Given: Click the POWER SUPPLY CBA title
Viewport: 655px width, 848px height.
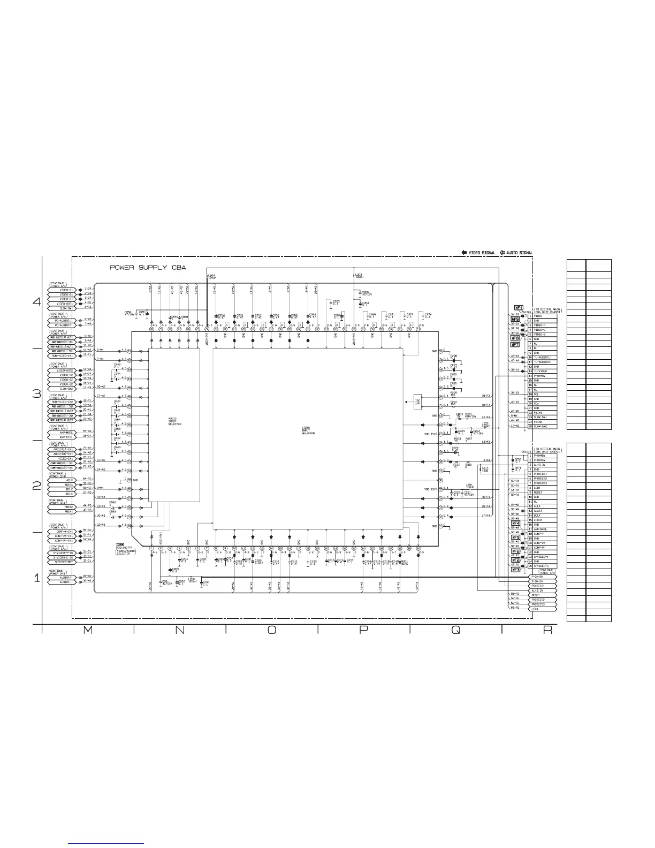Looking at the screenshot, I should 148,267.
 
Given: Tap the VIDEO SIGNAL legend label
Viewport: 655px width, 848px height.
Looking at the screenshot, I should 482,253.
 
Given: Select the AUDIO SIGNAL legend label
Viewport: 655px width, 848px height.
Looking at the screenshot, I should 519,253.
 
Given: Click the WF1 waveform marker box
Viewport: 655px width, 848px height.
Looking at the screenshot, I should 518,307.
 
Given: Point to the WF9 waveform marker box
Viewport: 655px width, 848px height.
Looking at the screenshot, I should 516,320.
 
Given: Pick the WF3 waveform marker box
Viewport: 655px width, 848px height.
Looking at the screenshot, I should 516,570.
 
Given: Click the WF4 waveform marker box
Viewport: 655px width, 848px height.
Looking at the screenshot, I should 516,524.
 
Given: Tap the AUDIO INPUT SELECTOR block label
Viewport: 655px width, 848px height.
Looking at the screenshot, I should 175,421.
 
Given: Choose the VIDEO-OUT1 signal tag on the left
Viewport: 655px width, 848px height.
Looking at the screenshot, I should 65,304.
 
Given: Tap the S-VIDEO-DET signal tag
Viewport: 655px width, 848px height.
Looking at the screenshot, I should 65,562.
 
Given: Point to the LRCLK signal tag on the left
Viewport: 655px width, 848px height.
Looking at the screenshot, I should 65,494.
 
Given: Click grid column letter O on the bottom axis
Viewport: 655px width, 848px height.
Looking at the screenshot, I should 271,631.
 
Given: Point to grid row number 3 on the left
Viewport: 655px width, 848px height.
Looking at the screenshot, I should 36,394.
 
